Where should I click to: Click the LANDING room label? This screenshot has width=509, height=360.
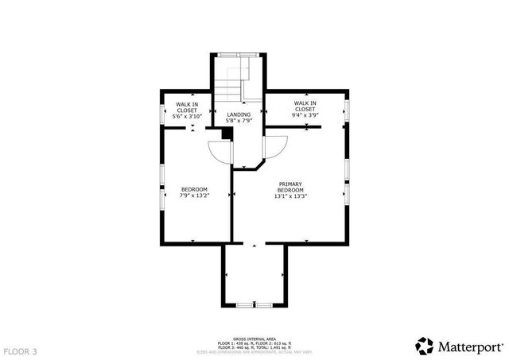(x=239, y=115)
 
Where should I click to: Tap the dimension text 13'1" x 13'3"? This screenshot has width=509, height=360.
(x=290, y=196)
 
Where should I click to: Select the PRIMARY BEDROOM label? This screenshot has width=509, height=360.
(x=290, y=188)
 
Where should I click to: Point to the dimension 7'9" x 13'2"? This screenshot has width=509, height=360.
(x=194, y=195)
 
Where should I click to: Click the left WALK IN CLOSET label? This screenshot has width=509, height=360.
(x=188, y=107)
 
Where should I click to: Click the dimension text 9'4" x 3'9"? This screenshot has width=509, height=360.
(x=305, y=116)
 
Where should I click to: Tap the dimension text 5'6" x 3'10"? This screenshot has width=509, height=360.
(x=188, y=117)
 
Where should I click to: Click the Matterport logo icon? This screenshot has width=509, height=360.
(x=425, y=345)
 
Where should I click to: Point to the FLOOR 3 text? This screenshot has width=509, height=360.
(x=20, y=350)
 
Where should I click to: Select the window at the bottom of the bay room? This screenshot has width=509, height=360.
(x=254, y=304)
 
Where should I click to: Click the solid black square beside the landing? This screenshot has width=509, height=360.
(x=227, y=134)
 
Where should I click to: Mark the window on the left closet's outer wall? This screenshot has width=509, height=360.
(x=163, y=110)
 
